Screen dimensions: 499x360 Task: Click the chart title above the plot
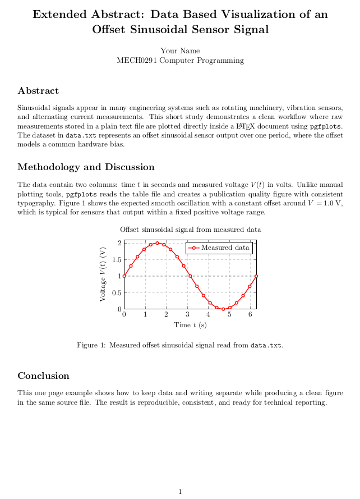point(190,230)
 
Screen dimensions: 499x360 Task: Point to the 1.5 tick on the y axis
point(117,259)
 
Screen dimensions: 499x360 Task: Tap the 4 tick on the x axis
point(209,314)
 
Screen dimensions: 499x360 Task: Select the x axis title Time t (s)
point(190,325)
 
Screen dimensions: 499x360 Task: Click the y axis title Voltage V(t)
point(103,274)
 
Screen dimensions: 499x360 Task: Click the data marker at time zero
point(124,276)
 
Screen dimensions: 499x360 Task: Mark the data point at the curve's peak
point(158,243)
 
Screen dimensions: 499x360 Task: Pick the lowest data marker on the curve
point(223,309)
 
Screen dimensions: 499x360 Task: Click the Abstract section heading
point(38,91)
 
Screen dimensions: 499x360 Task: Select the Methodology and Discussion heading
point(86,167)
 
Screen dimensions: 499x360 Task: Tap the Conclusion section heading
point(43,376)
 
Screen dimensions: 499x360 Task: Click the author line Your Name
point(180,51)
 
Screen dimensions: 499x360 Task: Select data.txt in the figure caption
point(266,345)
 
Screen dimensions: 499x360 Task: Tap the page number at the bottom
point(180,492)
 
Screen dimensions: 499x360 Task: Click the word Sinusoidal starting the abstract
point(34,107)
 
